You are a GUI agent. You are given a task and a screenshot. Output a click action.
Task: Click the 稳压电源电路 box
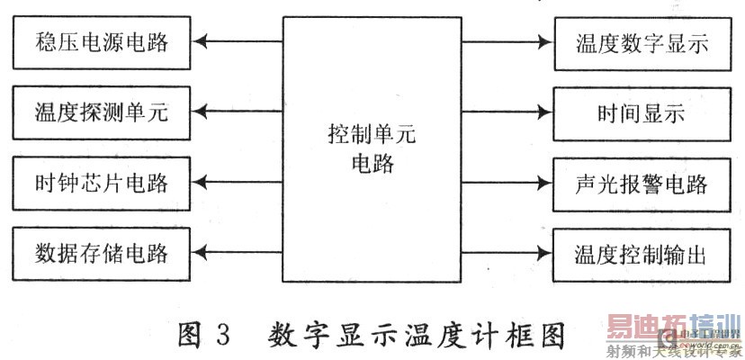click(103, 41)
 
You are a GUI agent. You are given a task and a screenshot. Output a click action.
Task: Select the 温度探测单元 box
click(103, 112)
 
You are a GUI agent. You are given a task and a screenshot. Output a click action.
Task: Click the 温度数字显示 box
click(642, 41)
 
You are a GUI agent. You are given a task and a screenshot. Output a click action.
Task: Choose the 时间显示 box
click(642, 112)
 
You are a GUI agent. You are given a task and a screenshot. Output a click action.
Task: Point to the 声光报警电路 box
click(642, 184)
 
